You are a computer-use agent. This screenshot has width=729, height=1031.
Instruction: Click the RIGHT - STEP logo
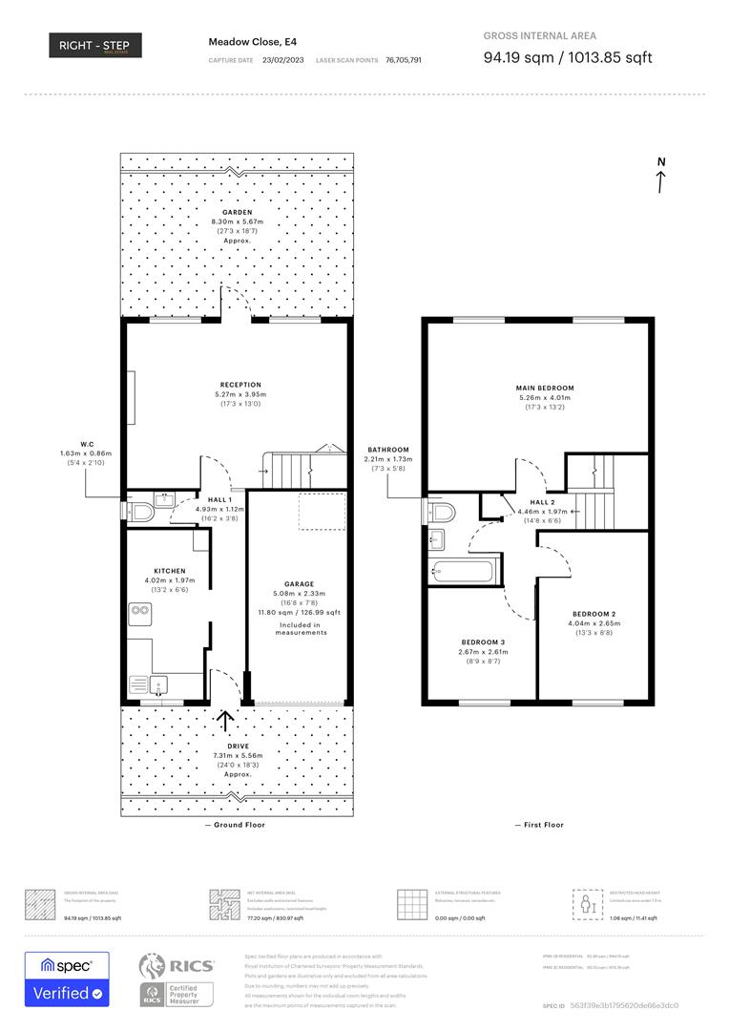pos(95,45)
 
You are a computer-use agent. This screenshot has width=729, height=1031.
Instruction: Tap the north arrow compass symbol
pos(660,176)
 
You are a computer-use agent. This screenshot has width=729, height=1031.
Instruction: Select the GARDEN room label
pos(237,212)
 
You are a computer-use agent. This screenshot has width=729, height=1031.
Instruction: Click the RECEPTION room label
pos(240,385)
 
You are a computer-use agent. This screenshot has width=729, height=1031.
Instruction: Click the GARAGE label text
pos(299,583)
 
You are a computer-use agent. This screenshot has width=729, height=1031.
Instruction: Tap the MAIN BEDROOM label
pos(544,388)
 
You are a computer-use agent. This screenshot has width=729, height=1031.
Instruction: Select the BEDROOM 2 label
pos(594,613)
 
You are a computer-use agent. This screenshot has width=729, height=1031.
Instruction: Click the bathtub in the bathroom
pos(463,573)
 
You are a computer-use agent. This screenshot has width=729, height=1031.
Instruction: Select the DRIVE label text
pos(237,746)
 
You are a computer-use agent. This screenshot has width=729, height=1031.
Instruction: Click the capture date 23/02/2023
pos(282,59)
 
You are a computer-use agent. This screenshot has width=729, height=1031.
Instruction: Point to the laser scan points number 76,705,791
pos(404,59)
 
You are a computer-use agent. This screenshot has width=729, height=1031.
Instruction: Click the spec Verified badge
pos(67,979)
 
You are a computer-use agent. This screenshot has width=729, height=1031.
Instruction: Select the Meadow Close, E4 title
pos(245,42)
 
